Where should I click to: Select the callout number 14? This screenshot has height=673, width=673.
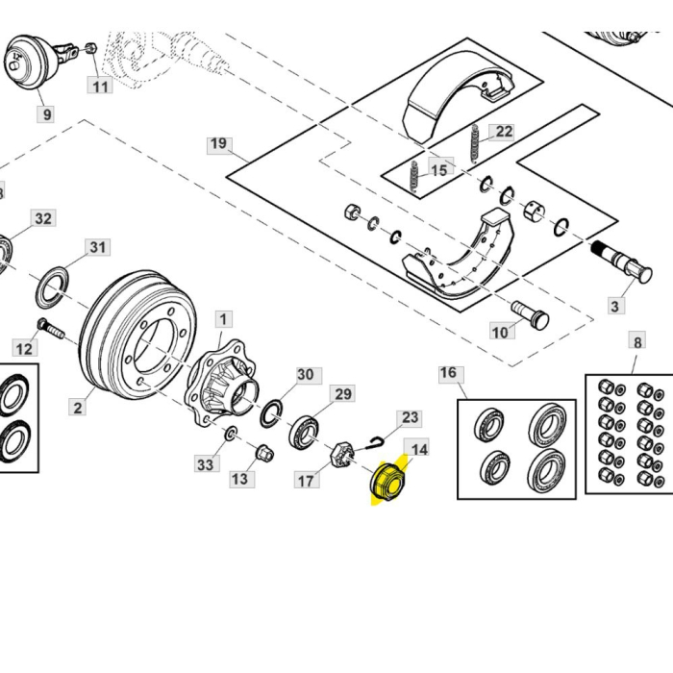tap(419, 449)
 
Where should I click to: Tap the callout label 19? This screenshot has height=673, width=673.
tap(219, 144)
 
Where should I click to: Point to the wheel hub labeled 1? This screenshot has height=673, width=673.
tap(223, 385)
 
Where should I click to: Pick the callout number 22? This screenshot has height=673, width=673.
tap(502, 132)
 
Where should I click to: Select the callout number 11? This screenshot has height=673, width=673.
tap(101, 86)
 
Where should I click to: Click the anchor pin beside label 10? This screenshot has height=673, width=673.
tap(528, 313)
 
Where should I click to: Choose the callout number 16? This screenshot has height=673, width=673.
tap(448, 373)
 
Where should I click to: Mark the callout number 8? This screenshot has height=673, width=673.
tap(636, 340)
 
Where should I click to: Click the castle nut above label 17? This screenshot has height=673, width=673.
tap(339, 454)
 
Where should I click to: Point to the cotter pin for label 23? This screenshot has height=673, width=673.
tap(376, 441)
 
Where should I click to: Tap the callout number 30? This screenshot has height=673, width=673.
tap(305, 375)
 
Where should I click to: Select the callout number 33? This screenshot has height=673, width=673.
tap(206, 464)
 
